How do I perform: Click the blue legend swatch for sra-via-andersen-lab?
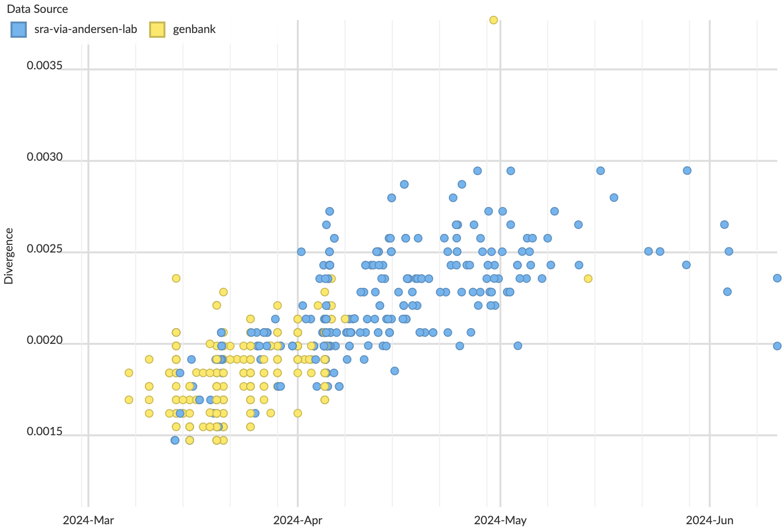click(x=18, y=30)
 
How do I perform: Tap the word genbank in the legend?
click(x=194, y=30)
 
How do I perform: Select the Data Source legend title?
click(x=37, y=9)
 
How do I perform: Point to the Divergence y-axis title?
click(x=9, y=256)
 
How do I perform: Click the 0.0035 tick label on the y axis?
click(x=44, y=66)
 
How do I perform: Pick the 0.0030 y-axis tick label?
click(x=44, y=157)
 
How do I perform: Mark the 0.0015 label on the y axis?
click(x=44, y=432)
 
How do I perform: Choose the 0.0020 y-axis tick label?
click(x=44, y=341)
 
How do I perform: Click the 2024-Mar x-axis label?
click(x=88, y=520)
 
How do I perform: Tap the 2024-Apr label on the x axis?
click(x=297, y=520)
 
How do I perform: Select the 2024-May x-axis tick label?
click(x=500, y=520)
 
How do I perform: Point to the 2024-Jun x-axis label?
click(x=709, y=520)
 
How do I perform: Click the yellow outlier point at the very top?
click(x=493, y=20)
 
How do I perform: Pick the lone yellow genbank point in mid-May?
click(x=588, y=278)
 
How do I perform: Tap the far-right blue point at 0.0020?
click(x=777, y=346)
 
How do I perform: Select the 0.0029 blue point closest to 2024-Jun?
click(x=687, y=171)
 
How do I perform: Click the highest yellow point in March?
click(x=176, y=278)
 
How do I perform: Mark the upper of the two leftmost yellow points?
click(x=129, y=373)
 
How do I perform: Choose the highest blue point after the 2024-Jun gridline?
click(x=724, y=225)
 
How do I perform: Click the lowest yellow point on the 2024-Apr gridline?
click(x=297, y=413)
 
